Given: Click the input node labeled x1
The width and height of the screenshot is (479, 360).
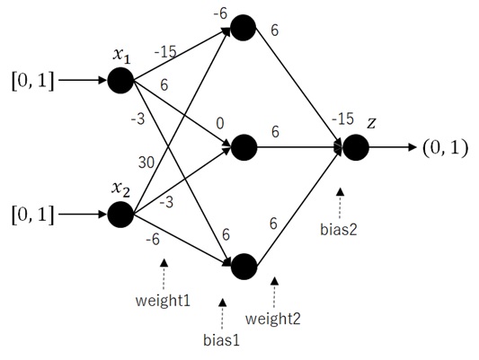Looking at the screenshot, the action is [120, 81].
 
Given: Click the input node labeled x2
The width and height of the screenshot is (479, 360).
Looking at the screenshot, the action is [120, 215].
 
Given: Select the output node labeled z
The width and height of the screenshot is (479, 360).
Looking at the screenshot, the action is [356, 147].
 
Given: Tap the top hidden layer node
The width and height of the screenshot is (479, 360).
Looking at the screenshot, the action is [244, 28].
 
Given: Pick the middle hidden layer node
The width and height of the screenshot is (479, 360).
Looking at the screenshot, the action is [244, 147].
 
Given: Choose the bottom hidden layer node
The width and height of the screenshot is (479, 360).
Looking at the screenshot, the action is [244, 267].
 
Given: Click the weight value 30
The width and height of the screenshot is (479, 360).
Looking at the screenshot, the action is [146, 162].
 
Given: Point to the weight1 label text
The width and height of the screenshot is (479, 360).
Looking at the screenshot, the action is [163, 301].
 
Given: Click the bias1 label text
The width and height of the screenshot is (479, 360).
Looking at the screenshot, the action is [221, 340].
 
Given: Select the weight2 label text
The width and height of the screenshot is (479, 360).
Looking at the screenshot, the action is [273, 319].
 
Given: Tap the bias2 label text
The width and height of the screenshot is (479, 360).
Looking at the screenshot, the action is [339, 230].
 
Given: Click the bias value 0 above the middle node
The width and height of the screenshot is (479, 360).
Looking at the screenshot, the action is [220, 124].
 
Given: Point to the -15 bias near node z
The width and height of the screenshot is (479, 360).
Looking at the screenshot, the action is [342, 119].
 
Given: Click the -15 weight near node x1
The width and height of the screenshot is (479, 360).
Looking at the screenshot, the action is [165, 52].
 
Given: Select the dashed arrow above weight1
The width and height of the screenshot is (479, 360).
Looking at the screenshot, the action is [164, 275].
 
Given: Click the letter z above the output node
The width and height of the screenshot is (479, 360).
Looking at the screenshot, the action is [371, 123].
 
